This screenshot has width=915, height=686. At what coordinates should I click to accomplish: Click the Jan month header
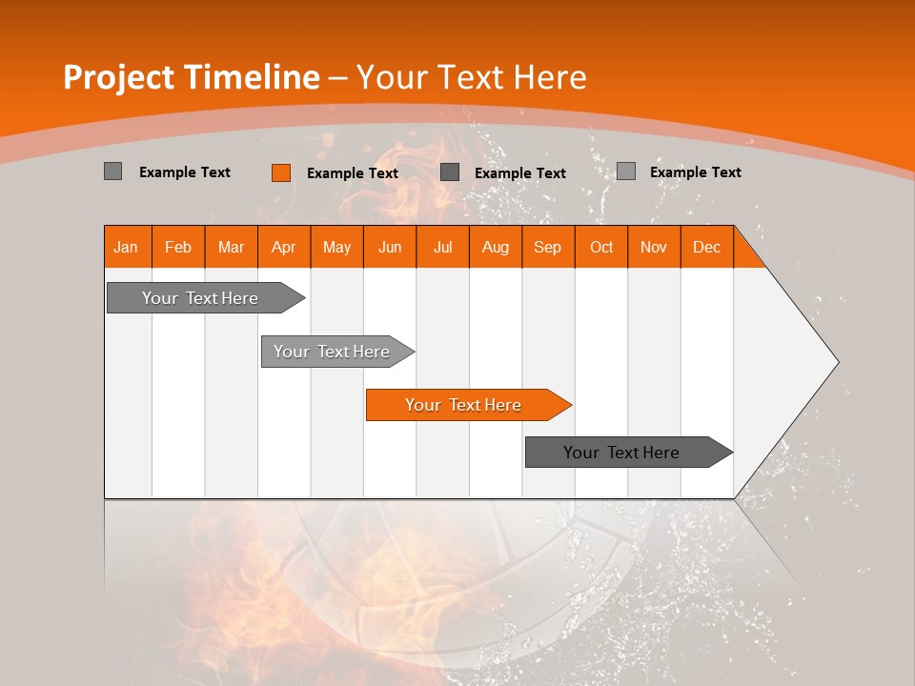coord(126,247)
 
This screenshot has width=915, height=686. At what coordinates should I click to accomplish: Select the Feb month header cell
coord(178,247)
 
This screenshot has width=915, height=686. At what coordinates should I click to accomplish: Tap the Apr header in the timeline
coord(283,247)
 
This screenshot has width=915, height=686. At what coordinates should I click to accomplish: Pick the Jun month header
coord(390,247)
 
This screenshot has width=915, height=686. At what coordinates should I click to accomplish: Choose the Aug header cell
coord(495,247)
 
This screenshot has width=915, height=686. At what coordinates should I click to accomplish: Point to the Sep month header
coord(547,247)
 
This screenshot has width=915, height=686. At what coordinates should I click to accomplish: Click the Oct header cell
coord(601,247)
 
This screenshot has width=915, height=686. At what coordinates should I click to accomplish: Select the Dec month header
coord(706,247)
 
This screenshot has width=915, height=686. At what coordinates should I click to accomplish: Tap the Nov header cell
coord(654,247)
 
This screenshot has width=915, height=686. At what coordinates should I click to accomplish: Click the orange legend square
coord(280,172)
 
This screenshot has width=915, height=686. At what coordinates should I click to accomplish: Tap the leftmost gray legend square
coord(112,171)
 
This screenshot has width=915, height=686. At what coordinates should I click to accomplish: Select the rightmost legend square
coord(625,171)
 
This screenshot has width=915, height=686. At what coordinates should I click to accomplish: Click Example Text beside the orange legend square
coord(353,173)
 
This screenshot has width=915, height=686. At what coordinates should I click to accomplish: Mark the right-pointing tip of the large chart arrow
coord(837,362)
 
